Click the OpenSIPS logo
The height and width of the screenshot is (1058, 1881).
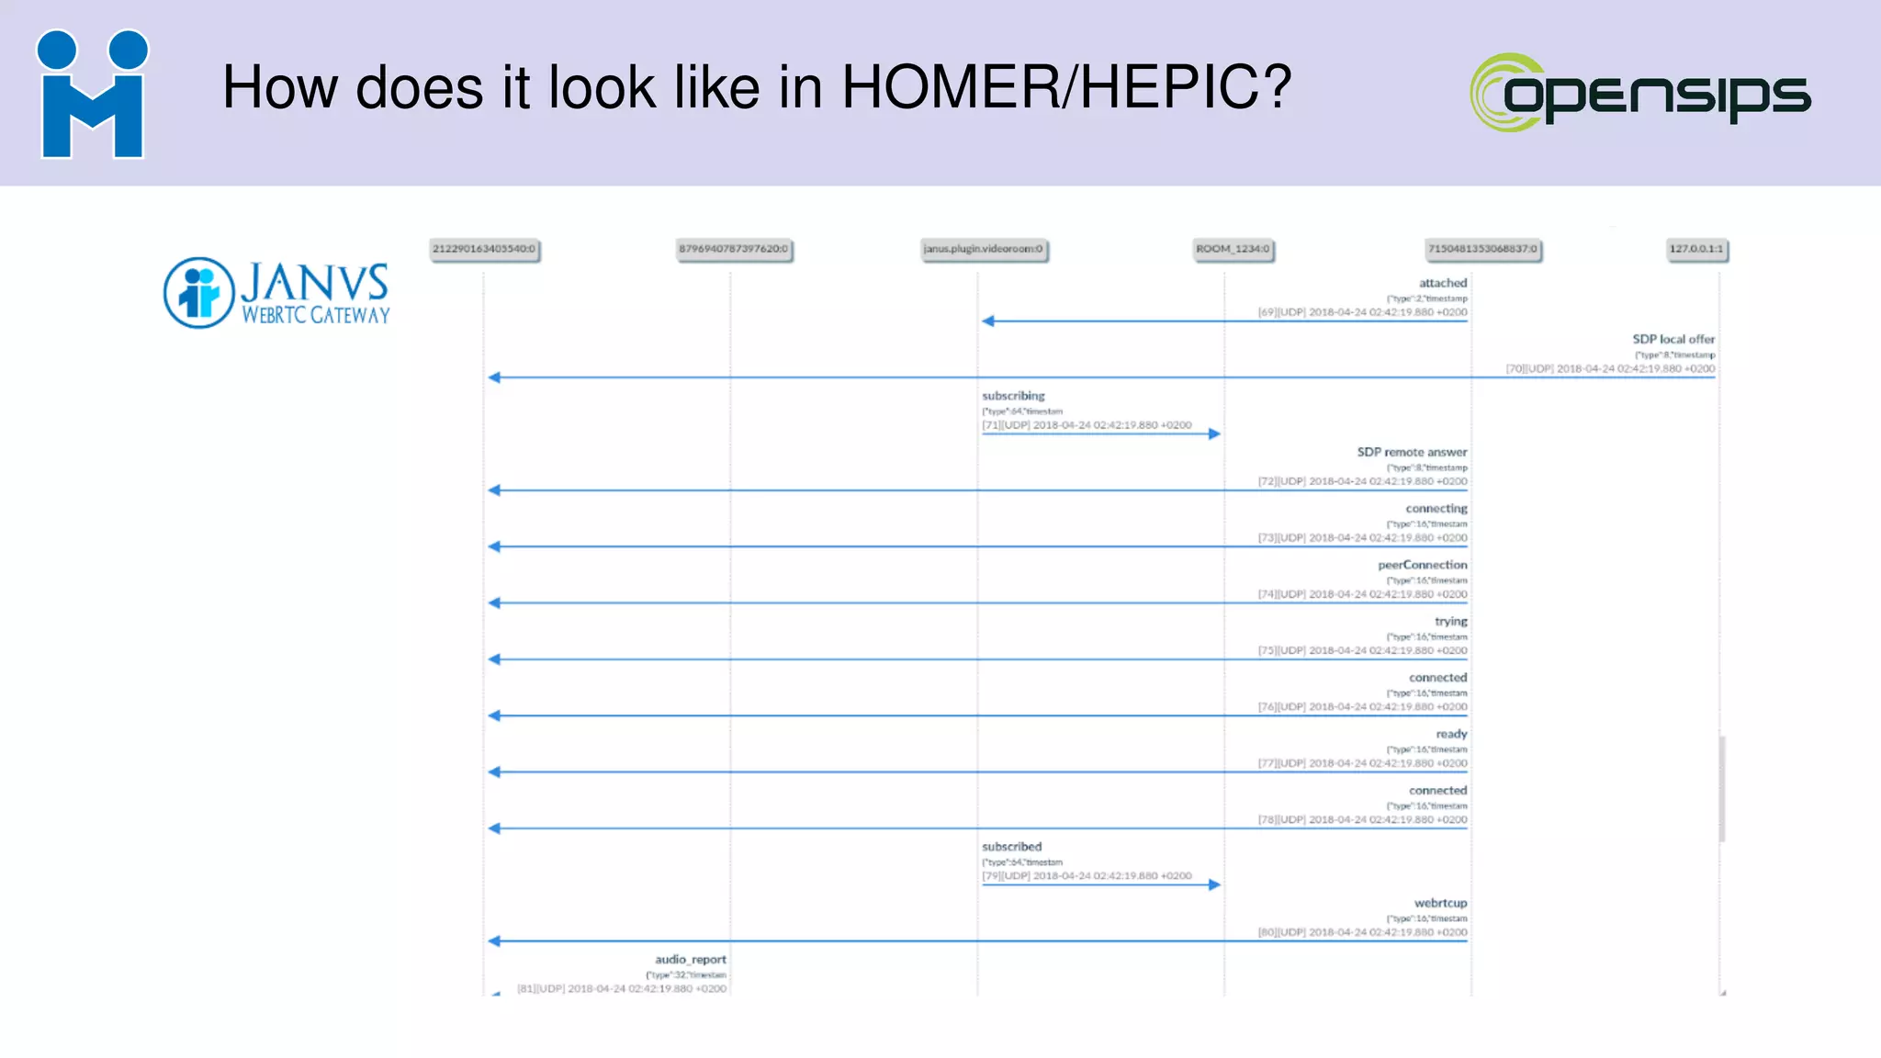tap(1640, 93)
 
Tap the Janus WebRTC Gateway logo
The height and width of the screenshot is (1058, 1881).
tap(276, 293)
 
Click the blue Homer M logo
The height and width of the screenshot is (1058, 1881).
tap(92, 95)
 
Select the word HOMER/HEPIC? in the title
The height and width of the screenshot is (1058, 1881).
tap(1066, 88)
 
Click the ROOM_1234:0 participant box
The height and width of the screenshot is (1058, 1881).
tap(1233, 249)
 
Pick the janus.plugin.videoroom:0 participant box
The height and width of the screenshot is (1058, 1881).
tap(984, 249)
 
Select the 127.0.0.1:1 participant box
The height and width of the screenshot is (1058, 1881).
tap(1695, 249)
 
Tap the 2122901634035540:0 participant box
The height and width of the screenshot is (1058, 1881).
tap(484, 249)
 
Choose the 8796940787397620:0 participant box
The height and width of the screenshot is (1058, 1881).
tap(733, 249)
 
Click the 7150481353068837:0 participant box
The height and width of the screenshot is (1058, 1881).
tap(1482, 249)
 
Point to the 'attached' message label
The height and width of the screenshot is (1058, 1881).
tap(1442, 283)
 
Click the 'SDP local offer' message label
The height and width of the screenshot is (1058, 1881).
tap(1673, 339)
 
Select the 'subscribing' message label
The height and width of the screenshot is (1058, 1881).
tap(1013, 396)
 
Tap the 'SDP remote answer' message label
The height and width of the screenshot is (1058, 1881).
tap(1412, 452)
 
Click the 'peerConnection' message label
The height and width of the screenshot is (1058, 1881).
tap(1422, 565)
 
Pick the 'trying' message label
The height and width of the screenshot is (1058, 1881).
tap(1450, 621)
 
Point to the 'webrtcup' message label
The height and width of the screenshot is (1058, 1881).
tap(1440, 903)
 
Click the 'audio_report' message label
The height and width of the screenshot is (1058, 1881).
tap(690, 959)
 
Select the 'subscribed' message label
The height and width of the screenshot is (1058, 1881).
tap(1011, 847)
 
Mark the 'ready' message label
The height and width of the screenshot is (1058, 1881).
tap(1451, 734)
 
